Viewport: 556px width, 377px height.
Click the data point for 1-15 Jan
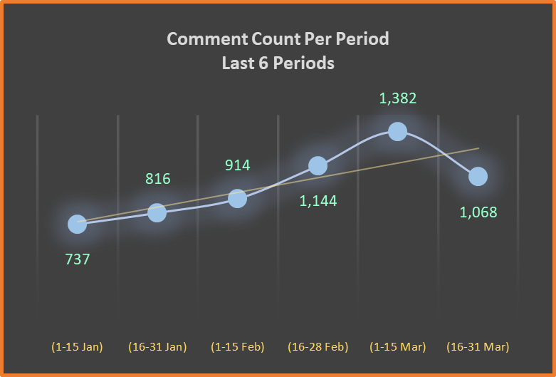pyautogui.click(x=77, y=224)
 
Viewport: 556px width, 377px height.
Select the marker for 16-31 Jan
pyautogui.click(x=157, y=212)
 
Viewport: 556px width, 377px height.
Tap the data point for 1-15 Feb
pyautogui.click(x=238, y=198)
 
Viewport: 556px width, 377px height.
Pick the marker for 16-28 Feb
pyautogui.click(x=318, y=165)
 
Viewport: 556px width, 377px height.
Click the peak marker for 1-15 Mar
pyautogui.click(x=398, y=131)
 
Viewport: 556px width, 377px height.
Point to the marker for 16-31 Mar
pyautogui.click(x=478, y=176)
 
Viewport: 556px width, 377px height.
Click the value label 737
pyautogui.click(x=77, y=259)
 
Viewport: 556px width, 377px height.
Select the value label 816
pyautogui.click(x=157, y=178)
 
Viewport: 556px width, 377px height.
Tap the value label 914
pyautogui.click(x=238, y=165)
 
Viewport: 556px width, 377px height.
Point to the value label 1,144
pyautogui.click(x=318, y=201)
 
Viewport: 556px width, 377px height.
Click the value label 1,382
pyautogui.click(x=398, y=98)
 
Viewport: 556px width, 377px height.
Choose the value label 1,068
pyautogui.click(x=478, y=212)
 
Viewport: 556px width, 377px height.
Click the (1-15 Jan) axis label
pyautogui.click(x=77, y=347)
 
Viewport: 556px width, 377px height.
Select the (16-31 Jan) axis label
pyautogui.click(x=157, y=347)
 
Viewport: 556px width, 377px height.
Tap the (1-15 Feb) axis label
pyautogui.click(x=238, y=347)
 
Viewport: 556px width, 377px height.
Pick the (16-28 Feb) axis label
pyautogui.click(x=318, y=347)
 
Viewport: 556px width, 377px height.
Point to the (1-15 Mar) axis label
pyautogui.click(x=398, y=347)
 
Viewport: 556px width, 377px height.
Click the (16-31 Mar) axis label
pyautogui.click(x=478, y=347)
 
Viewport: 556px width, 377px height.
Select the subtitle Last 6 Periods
pyautogui.click(x=278, y=63)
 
